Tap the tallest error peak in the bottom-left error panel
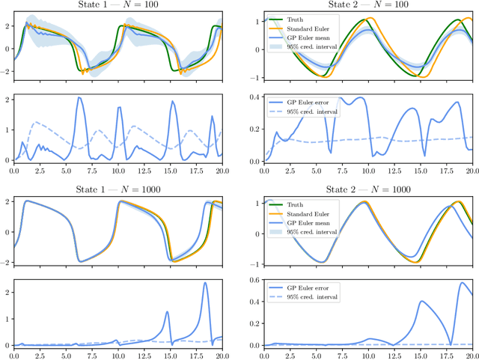[x=205, y=283]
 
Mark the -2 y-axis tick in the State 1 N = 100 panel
[x=7, y=73]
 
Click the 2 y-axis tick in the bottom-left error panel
[x=9, y=290]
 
